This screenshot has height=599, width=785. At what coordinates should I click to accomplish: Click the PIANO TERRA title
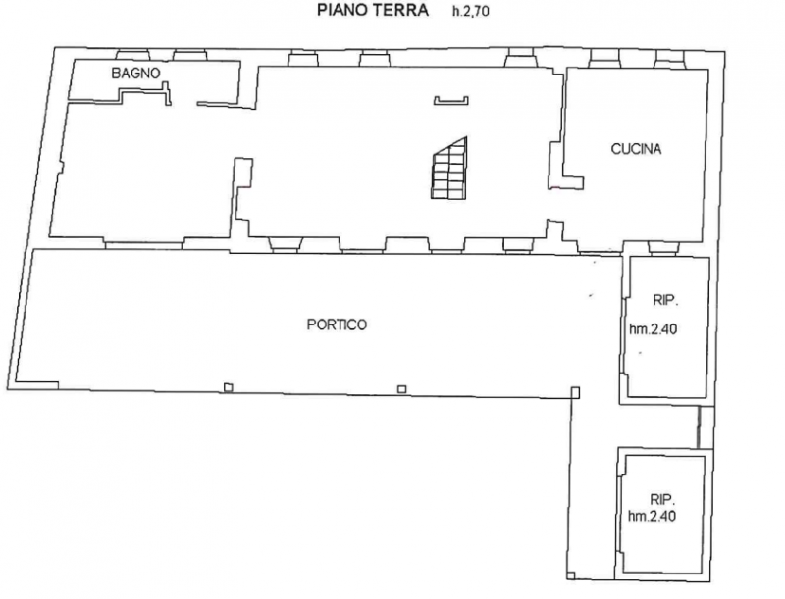point(373,10)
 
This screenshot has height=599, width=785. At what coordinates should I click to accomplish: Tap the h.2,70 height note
point(471,11)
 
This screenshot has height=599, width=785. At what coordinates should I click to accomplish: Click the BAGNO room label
point(135,74)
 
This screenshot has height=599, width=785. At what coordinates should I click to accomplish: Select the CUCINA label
point(636,149)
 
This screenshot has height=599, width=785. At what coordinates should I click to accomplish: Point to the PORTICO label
point(337,325)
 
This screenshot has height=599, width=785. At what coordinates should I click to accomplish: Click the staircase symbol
point(449,168)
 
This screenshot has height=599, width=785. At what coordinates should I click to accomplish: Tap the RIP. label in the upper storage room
point(665,301)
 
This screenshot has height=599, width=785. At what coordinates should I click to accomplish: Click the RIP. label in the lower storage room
point(663,499)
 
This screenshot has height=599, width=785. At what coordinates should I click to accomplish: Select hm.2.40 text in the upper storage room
point(654,329)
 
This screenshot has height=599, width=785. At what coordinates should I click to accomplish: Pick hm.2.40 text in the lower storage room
point(652,516)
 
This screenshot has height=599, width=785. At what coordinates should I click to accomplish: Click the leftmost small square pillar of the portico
point(229,387)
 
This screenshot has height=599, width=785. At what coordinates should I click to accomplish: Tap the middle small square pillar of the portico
point(401,389)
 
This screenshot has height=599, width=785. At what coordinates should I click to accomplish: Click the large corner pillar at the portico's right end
point(576,392)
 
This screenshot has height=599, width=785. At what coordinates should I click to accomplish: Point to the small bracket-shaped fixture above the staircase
point(451,101)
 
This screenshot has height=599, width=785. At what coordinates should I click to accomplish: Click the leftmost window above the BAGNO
point(132,55)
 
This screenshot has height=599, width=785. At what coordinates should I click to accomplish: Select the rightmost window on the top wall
point(670,59)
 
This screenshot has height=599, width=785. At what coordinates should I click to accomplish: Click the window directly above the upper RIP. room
point(663,247)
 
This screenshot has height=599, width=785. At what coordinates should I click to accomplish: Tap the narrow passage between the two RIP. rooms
point(706,426)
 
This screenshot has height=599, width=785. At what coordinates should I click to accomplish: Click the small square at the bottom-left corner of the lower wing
point(572,575)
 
